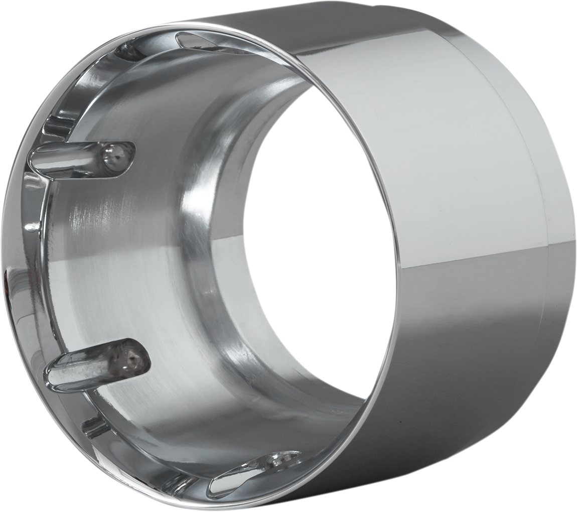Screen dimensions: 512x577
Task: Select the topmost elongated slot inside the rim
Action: [x=211, y=42]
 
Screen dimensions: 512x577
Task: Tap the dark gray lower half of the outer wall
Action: [x=452, y=351]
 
